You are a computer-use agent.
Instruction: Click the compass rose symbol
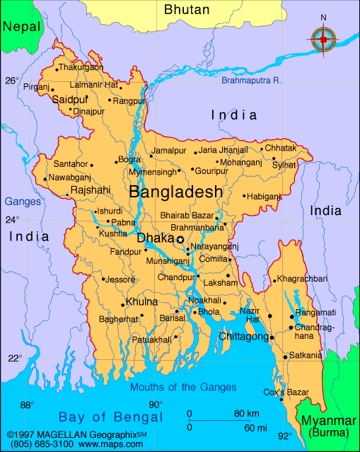(324, 38)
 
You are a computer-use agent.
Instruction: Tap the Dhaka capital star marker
(180, 241)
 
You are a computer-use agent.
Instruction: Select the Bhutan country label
(187, 9)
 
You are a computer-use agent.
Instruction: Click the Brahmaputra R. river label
(251, 81)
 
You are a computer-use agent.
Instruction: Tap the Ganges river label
(23, 202)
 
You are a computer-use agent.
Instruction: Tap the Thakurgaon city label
(81, 67)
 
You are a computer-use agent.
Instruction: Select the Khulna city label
(141, 303)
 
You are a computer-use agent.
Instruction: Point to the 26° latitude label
(12, 81)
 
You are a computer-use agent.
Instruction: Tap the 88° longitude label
(26, 405)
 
